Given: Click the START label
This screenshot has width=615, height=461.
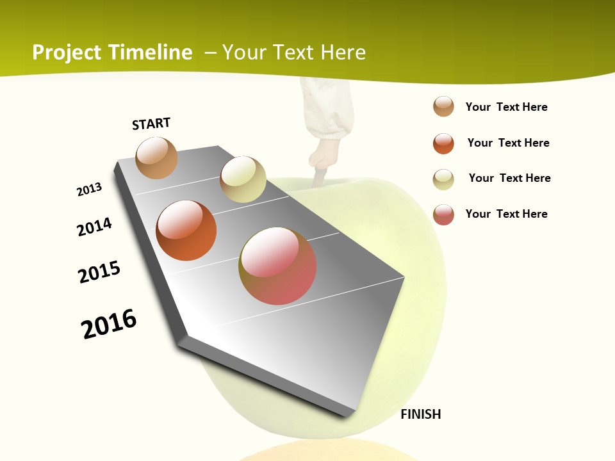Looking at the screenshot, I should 151,124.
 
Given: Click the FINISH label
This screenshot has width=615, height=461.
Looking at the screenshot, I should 420,414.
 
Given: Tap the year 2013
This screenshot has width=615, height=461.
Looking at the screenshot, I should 89,190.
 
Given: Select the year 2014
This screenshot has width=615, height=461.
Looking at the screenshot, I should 94,227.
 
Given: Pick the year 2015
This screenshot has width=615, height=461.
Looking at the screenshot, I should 99,272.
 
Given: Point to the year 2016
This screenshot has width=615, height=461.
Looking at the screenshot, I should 109,324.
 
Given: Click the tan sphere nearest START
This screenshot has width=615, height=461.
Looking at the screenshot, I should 156,158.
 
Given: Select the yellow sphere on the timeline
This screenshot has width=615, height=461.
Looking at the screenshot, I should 243,179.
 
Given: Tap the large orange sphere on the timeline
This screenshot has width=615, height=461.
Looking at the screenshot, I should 186,230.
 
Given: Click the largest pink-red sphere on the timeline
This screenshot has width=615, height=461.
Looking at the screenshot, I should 277,266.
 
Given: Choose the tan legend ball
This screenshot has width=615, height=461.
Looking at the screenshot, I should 443,106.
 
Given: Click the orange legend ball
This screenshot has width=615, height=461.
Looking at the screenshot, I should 443,143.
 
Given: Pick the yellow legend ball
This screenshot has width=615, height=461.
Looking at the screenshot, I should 443,179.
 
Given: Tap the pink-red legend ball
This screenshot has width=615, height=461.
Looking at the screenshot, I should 443,214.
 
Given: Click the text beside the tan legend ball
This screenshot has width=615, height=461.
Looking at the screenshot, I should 506,107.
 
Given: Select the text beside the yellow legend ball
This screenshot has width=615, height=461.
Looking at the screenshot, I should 509,178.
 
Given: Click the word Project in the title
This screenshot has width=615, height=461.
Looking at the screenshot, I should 66,53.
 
